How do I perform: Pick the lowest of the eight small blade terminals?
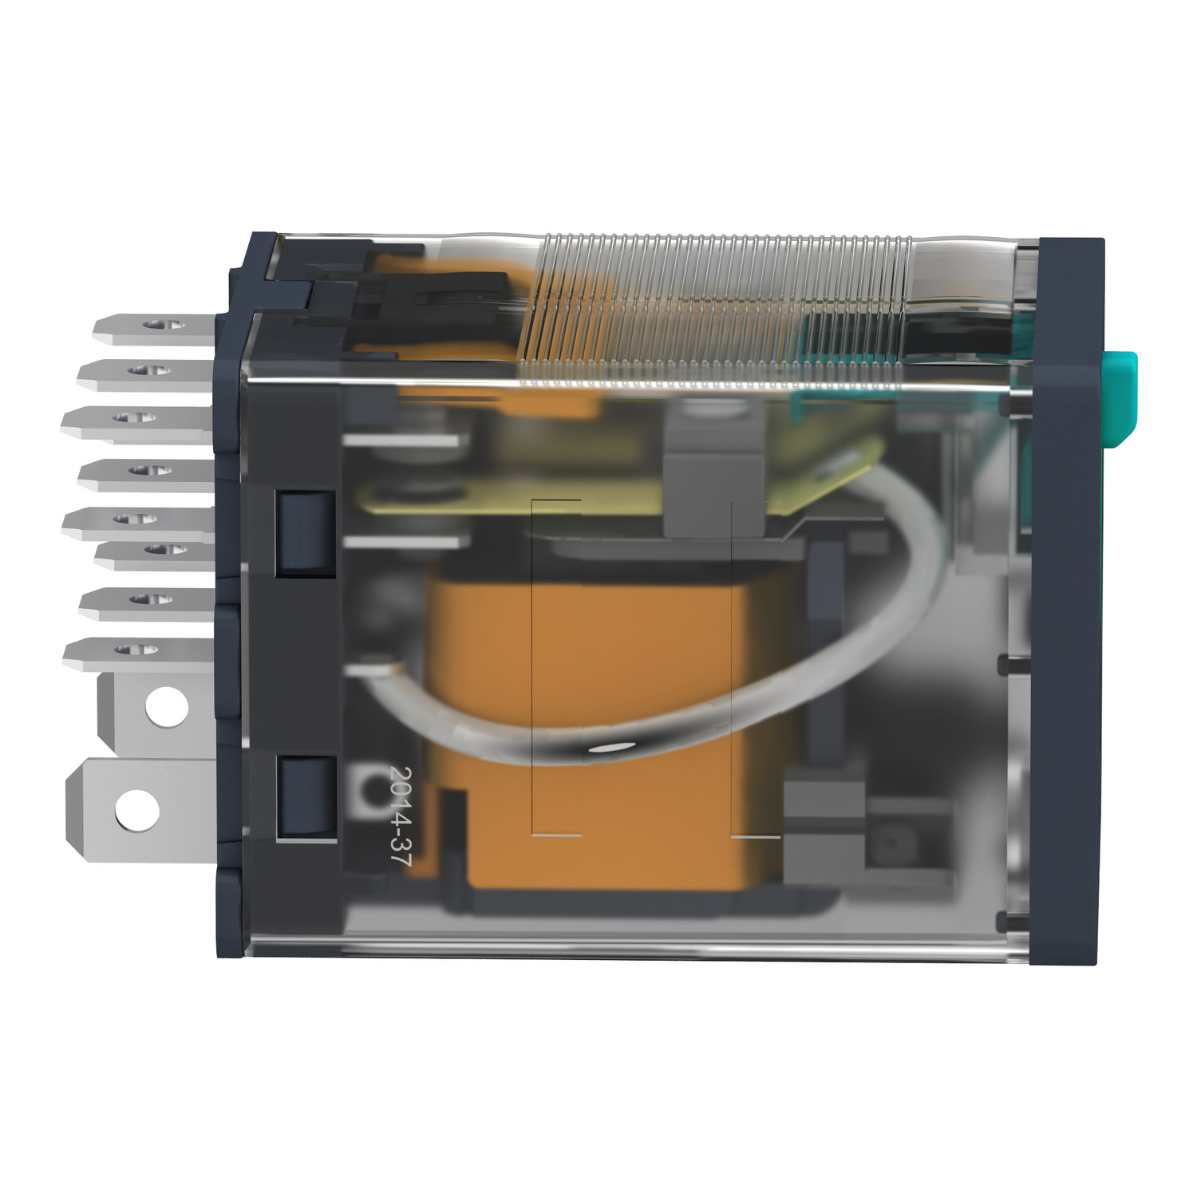click(137, 652)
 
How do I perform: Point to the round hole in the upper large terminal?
click(168, 707)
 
